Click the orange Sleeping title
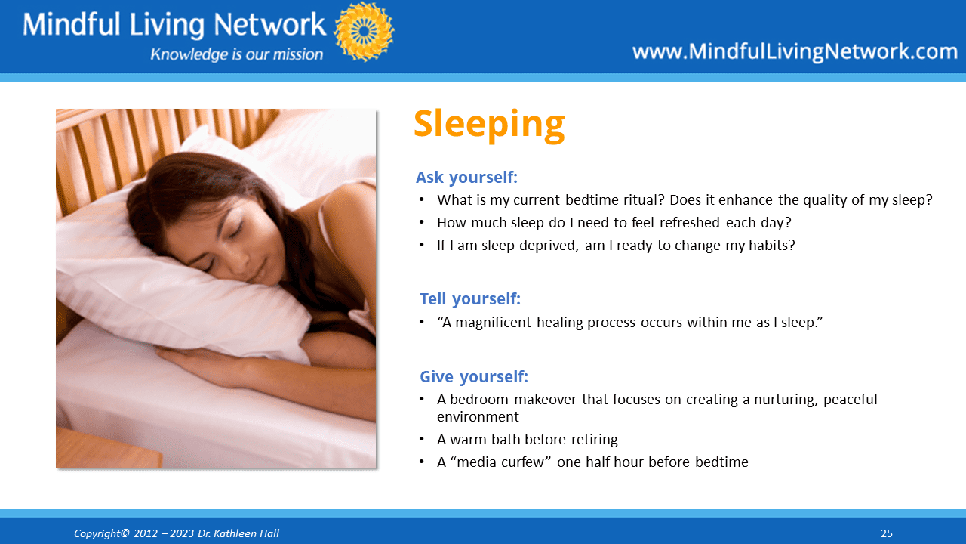(x=489, y=125)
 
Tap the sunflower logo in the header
(x=364, y=31)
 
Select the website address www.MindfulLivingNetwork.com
(x=795, y=52)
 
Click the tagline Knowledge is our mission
(x=237, y=54)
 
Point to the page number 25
(x=886, y=533)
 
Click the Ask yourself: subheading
(x=466, y=178)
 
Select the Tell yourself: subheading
(x=470, y=298)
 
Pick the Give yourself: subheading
(x=474, y=376)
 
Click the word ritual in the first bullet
(x=638, y=200)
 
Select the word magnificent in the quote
(x=493, y=323)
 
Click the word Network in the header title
(x=269, y=24)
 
